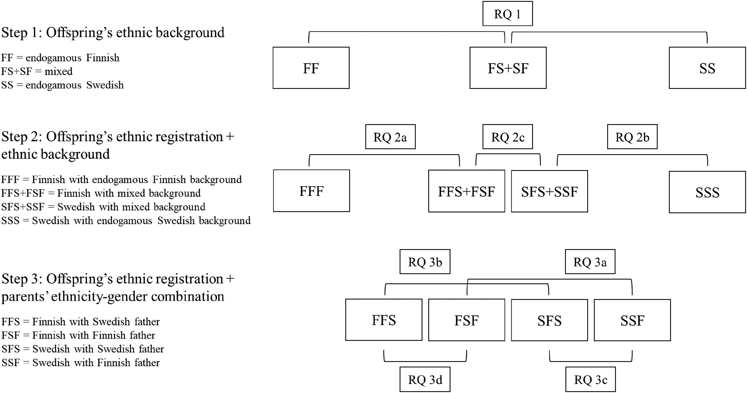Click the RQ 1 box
507,14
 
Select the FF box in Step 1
311,68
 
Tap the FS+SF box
508,68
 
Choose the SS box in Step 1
707,68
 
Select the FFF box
311,191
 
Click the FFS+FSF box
467,191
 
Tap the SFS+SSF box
550,191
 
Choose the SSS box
707,192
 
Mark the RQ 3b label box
425,262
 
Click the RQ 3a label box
590,262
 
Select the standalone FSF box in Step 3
467,320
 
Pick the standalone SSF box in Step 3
632,320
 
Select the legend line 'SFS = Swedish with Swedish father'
83,349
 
